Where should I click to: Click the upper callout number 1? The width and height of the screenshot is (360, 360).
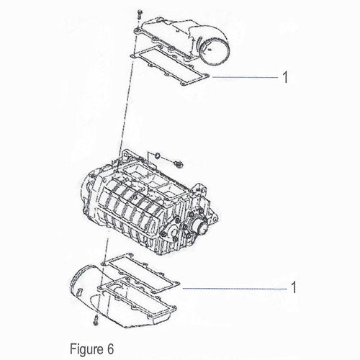pyautogui.click(x=285, y=77)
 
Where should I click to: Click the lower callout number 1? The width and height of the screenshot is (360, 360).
pyautogui.click(x=294, y=287)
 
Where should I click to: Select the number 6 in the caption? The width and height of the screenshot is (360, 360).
pyautogui.click(x=110, y=348)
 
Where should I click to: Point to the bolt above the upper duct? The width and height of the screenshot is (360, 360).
pyautogui.click(x=139, y=15)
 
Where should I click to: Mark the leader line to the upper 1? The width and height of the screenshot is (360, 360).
pyautogui.click(x=245, y=77)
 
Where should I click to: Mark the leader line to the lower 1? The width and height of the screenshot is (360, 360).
pyautogui.click(x=235, y=288)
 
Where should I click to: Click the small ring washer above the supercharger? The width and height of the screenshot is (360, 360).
pyautogui.click(x=158, y=156)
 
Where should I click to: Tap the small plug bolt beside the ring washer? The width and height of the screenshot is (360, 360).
pyautogui.click(x=179, y=164)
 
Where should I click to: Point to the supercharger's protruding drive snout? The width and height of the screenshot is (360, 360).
pyautogui.click(x=201, y=228)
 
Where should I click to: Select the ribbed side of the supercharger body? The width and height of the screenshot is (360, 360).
pyautogui.click(x=127, y=211)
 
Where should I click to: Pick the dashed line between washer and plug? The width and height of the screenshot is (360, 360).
pyautogui.click(x=167, y=160)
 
